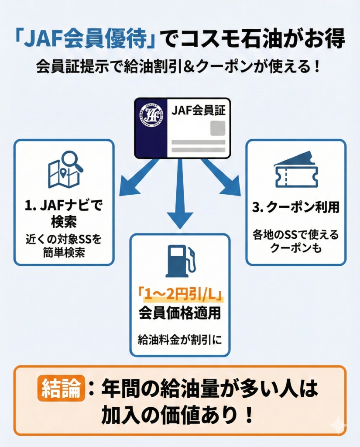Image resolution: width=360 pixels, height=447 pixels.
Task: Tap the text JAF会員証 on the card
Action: [x=198, y=111]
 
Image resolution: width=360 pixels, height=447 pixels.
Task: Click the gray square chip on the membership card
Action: [x=218, y=128]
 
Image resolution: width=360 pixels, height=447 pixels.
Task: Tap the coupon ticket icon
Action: [x=296, y=169]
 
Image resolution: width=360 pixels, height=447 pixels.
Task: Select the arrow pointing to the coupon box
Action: [x=222, y=178]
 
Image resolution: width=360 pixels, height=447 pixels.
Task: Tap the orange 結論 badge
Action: [x=61, y=388]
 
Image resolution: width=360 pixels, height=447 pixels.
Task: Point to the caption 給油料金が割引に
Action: [x=179, y=339]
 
